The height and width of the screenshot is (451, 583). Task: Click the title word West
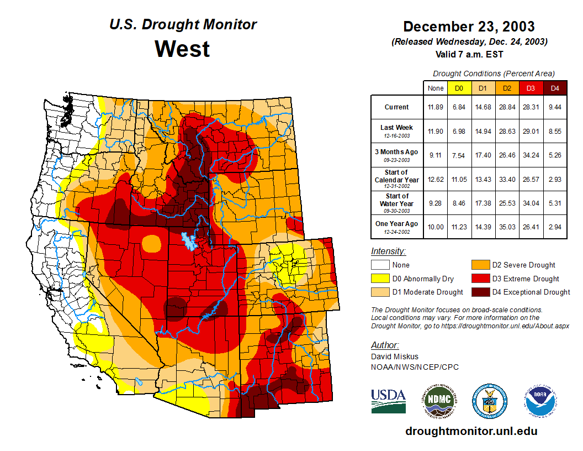click(182, 49)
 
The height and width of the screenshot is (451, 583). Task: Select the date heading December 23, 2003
click(469, 27)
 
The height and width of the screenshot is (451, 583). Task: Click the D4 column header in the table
click(555, 88)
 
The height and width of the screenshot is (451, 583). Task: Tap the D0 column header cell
click(459, 88)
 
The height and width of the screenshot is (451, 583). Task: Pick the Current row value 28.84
click(507, 107)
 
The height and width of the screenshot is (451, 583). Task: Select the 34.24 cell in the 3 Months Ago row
click(531, 155)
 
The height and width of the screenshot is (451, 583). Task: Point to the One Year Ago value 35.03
click(507, 227)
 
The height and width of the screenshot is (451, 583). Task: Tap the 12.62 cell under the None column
click(435, 179)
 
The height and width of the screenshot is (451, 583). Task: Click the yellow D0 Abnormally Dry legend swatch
click(379, 279)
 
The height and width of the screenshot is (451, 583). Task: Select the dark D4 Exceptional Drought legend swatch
click(479, 292)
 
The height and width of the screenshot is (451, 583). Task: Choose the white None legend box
click(379, 265)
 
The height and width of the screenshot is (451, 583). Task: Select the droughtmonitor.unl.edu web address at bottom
click(471, 431)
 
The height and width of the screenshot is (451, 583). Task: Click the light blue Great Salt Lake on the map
click(190, 241)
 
